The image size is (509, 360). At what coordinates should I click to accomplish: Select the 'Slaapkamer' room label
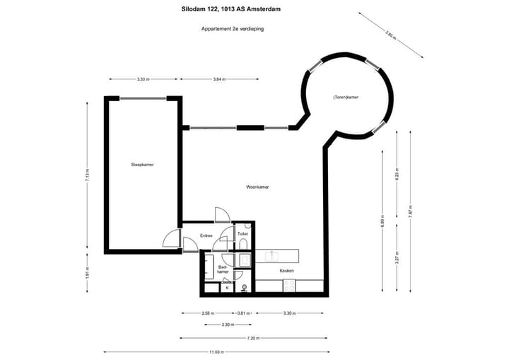pos(142,164)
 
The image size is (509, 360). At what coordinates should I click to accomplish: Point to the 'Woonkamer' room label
pos(257,187)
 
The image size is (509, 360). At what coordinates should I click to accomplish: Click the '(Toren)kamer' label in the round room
pos(346,97)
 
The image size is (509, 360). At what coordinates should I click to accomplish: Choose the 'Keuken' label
pos(286,271)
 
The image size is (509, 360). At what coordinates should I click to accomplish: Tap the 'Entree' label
pos(206,236)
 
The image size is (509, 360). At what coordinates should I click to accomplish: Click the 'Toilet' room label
pos(242,233)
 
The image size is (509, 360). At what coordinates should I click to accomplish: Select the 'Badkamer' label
pos(222,269)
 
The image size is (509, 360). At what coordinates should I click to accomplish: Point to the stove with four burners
pos(290,285)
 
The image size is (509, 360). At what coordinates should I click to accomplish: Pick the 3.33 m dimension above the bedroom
pos(142,79)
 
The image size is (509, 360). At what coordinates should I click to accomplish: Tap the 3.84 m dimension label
pos(219,79)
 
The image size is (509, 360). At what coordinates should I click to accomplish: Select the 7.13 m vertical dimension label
pos(87,175)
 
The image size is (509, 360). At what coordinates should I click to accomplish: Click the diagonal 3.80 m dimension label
pos(390,33)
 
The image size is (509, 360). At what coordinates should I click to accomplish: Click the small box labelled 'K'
pos(227,287)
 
